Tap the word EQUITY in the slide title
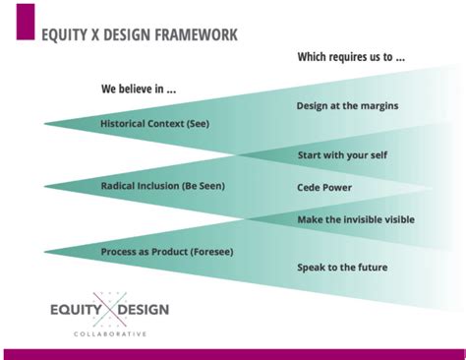68,35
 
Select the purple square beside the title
25,22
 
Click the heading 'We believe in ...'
139,89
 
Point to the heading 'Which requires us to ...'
351,57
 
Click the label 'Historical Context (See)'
154,124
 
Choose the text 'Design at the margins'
347,106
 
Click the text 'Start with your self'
343,156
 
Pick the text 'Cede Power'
324,187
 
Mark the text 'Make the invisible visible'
356,219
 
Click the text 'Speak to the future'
342,267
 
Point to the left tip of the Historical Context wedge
45,124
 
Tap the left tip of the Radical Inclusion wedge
45,186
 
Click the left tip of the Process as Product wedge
45,252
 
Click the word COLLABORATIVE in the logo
109,334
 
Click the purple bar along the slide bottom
233,353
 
